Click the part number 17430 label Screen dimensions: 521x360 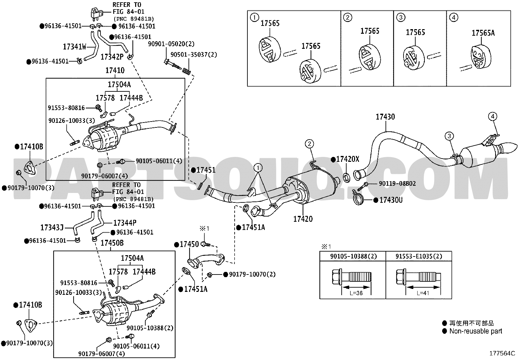(385, 117)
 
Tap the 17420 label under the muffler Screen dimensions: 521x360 (303, 219)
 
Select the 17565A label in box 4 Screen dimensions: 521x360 (483, 33)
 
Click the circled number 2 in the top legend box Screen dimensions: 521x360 (348, 17)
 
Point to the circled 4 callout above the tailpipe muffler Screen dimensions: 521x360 (493, 116)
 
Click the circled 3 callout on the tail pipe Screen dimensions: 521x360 (449, 136)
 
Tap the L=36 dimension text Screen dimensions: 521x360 (356, 293)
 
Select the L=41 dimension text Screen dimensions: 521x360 (423, 293)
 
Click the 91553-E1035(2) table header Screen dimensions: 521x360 (419, 256)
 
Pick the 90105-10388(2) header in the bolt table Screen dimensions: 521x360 (353, 256)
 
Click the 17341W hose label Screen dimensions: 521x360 (74, 47)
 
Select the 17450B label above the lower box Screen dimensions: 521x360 (112, 243)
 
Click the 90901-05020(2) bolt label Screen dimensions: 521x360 (171, 44)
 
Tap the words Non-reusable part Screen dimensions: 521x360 (476, 331)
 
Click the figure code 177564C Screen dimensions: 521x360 (502, 353)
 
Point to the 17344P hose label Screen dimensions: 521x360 (125, 223)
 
